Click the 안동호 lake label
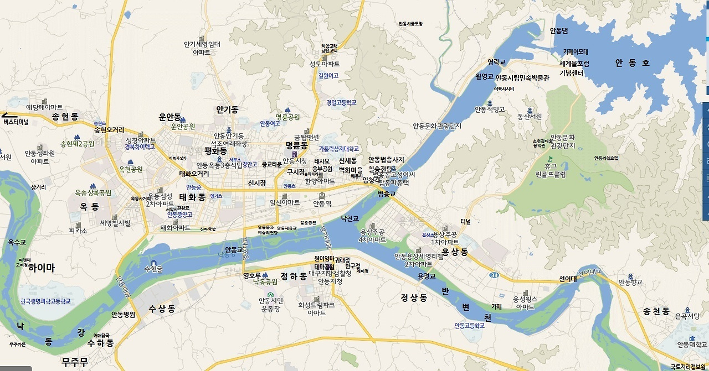click(x=632, y=63)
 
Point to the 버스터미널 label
click(x=16, y=122)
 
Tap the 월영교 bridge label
click(x=484, y=77)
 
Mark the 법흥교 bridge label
click(x=387, y=194)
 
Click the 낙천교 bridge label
click(x=350, y=219)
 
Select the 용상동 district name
click(x=455, y=252)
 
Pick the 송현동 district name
click(x=65, y=116)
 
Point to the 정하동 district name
click(x=294, y=275)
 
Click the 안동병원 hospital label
click(x=123, y=315)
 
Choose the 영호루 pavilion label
click(x=251, y=275)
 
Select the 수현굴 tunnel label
click(x=153, y=269)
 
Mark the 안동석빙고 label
click(x=490, y=109)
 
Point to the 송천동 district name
click(x=656, y=311)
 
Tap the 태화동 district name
click(x=192, y=197)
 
